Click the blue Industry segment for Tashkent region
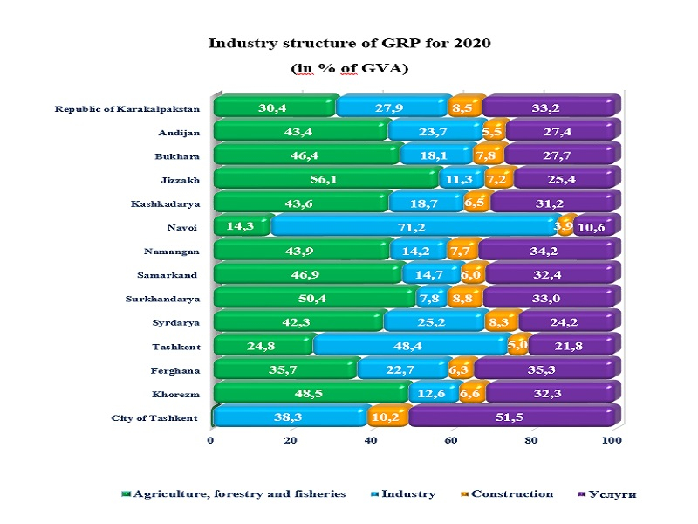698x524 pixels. [x=407, y=347]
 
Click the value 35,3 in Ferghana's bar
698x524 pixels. [x=547, y=370]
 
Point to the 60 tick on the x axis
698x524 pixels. [x=451, y=442]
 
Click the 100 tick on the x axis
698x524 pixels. [x=612, y=442]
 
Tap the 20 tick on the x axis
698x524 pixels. [x=291, y=442]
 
